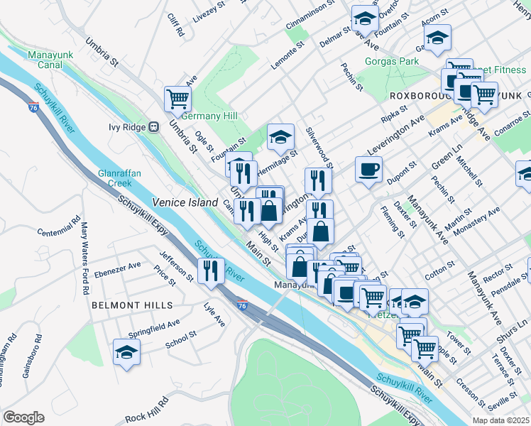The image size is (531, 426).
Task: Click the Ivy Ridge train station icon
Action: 153,127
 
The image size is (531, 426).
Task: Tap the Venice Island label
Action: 183,202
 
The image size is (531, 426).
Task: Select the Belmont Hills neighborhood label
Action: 132,305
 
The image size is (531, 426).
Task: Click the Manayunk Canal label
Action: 45,60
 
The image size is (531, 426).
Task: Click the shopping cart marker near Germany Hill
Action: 177,99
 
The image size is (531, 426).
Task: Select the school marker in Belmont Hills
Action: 126,352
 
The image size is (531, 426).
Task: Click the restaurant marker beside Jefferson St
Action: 211,271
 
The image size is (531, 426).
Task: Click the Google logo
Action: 23,417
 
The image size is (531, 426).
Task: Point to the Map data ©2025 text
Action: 500,420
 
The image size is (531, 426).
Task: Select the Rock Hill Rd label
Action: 147,410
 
